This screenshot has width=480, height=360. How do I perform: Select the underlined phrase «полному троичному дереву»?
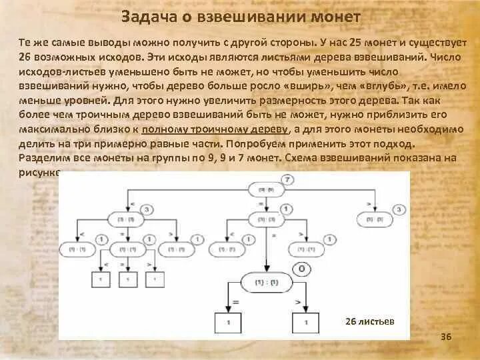235,129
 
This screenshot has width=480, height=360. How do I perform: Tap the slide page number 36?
446,337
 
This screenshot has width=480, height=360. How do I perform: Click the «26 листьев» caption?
370,321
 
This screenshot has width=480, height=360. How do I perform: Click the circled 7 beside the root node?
287,180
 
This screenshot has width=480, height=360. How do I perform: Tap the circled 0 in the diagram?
301,269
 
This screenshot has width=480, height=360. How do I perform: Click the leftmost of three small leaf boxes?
101,278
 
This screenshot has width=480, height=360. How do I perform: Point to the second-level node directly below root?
260,218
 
